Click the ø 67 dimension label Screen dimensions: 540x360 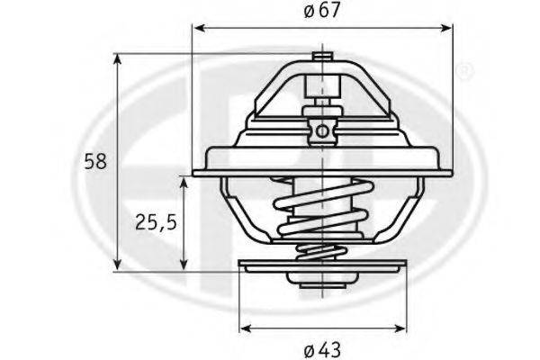pos(322,10)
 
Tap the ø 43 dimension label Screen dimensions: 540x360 pos(322,350)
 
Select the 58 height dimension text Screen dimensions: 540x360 pos(95,161)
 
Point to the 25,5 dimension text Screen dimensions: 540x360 pos(156,222)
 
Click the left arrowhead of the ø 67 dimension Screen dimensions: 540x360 pos(200,28)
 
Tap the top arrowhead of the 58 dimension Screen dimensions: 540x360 pos(118,60)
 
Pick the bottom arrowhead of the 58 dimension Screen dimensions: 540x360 pos(118,265)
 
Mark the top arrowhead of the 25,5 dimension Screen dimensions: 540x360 pos(184,184)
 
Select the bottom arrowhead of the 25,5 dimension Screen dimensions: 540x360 pos(184,265)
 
